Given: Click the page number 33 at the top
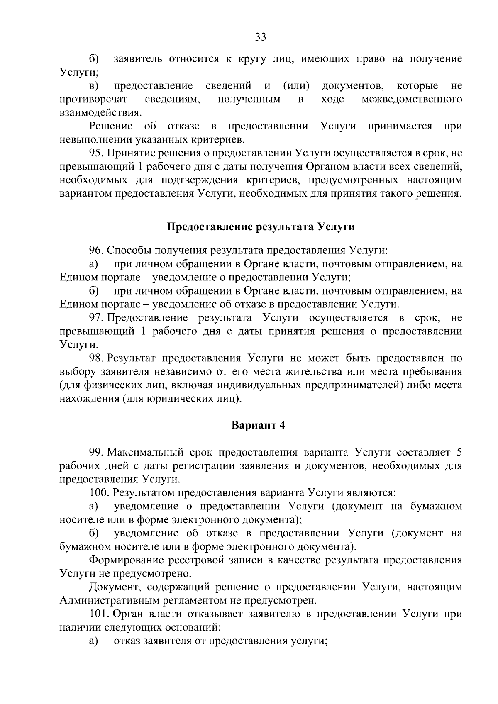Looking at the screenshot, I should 260,37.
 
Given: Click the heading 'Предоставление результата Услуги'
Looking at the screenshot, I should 261,227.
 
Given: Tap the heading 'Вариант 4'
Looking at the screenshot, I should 258,426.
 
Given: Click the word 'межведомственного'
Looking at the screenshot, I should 412,100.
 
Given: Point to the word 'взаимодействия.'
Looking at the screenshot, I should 100,113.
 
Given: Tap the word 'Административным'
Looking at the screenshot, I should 115,601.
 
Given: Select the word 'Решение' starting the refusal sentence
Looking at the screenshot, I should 110,126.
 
